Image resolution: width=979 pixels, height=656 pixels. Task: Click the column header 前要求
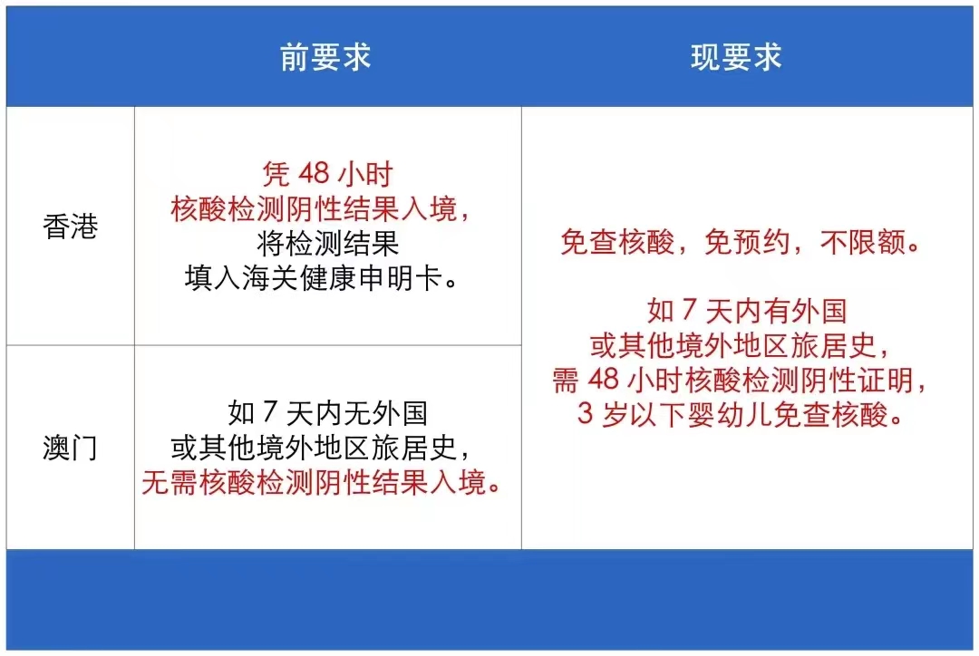325,57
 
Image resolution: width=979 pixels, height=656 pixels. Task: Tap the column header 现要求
736,57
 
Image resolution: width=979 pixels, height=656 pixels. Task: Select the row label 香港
71,226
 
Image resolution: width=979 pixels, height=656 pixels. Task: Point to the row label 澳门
71,448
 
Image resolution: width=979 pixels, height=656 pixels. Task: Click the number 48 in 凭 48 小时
314,174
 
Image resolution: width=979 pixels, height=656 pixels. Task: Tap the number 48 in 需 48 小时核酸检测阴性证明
603,380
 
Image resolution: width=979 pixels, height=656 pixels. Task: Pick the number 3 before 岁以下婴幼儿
585,413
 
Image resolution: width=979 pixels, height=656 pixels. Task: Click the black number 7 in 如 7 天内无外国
270,412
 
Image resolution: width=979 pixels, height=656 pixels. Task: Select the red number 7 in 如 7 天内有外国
689,310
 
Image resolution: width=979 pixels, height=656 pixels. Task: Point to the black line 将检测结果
327,244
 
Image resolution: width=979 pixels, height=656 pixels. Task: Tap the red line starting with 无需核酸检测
322,482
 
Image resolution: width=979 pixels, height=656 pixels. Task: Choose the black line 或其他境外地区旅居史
320,447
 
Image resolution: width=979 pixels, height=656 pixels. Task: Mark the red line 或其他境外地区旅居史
741,345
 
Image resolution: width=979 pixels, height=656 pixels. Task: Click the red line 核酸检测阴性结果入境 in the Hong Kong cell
320,208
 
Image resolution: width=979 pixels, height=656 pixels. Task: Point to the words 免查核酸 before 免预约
617,242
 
